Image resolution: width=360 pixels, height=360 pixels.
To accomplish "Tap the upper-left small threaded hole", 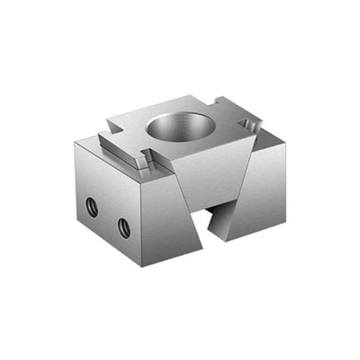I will (x=92, y=208).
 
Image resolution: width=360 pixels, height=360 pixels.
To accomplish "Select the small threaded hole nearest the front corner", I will (x=123, y=227).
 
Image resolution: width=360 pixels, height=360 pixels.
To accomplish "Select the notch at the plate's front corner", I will (x=145, y=163).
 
